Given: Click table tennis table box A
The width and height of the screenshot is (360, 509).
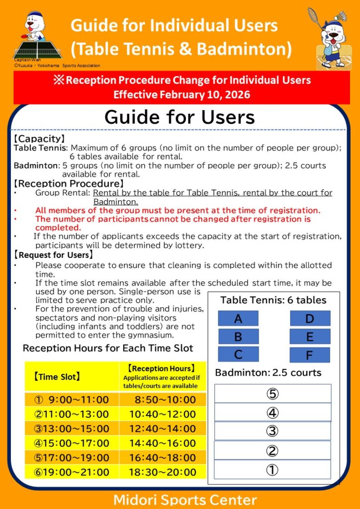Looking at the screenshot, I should pyautogui.click(x=238, y=319).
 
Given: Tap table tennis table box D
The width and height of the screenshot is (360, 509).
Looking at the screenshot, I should pyautogui.click(x=310, y=319).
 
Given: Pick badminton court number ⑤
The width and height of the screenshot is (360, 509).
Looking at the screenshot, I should pyautogui.click(x=272, y=394).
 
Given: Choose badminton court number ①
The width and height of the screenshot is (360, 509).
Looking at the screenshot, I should pyautogui.click(x=272, y=470).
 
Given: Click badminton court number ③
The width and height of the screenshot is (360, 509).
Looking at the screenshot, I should pyautogui.click(x=272, y=431).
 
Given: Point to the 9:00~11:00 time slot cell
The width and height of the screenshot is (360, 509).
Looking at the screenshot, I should pyautogui.click(x=72, y=400).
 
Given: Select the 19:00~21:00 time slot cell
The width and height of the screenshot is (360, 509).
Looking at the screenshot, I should pyautogui.click(x=72, y=472).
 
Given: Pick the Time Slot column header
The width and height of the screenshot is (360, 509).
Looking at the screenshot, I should pyautogui.click(x=57, y=377).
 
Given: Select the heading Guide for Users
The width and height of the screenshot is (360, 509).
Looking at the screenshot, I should pyautogui.click(x=180, y=117).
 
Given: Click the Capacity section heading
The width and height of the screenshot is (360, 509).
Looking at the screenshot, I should pyautogui.click(x=39, y=139).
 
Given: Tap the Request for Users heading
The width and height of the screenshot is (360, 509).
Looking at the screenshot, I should pyautogui.click(x=54, y=255).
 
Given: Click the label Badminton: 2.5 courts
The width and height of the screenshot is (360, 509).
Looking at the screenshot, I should pyautogui.click(x=268, y=373).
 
